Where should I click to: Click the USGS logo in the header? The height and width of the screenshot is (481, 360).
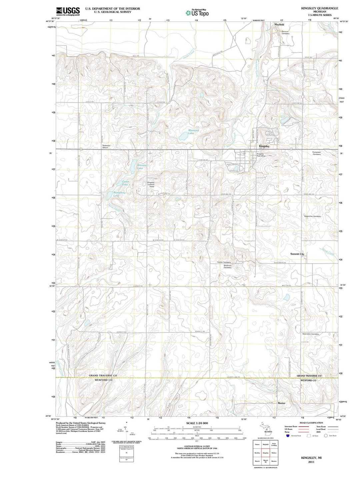pos(68,11)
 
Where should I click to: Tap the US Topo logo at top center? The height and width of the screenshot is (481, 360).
pos(197,13)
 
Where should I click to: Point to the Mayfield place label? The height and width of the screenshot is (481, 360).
pos(279,25)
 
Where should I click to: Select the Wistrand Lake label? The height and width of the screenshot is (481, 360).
pos(193,132)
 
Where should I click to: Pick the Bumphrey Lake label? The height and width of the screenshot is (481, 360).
pos(119,194)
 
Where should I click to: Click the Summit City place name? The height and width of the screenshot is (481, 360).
pos(297,254)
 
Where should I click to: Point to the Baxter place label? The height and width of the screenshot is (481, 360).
pos(282,403)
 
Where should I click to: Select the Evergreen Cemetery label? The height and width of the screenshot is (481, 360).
pos(316,153)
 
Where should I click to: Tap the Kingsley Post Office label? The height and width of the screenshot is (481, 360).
pos(261,155)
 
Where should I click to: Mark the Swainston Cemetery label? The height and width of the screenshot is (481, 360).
pos(310,334)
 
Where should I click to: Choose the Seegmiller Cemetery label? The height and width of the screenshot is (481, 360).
pos(312,216)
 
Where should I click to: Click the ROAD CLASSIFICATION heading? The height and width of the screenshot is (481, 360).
pos(309,423)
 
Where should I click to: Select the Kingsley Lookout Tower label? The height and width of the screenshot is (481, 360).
pos(152,184)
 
